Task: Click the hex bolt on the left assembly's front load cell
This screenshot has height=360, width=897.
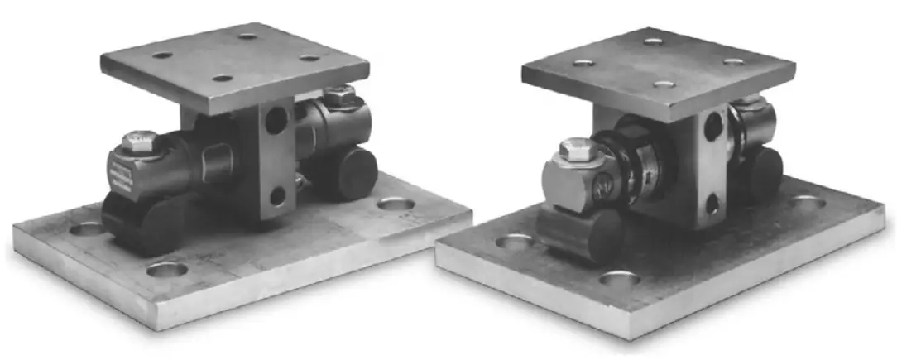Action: click(137, 142)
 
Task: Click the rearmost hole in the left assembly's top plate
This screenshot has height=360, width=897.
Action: click(247, 36)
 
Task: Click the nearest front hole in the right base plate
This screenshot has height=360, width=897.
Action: click(617, 279)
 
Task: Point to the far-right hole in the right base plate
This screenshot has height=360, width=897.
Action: click(805, 201)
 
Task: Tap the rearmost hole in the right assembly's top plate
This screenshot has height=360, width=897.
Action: click(654, 41)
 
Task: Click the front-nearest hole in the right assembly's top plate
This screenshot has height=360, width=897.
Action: click(660, 84)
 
